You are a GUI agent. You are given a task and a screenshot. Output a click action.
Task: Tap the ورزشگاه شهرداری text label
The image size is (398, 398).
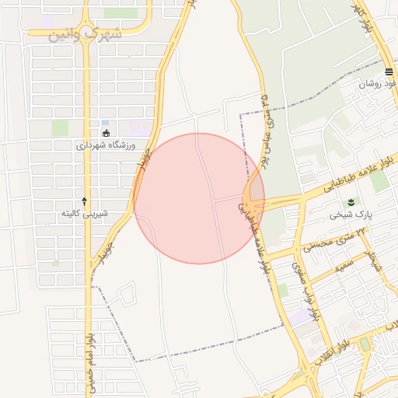[106, 145]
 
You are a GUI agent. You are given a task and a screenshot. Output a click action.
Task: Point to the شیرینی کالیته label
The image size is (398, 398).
[85, 213]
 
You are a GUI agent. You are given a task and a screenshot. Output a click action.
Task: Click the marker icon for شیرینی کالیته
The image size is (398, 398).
[85, 201]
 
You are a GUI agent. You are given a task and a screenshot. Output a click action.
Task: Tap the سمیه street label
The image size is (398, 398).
[347, 267]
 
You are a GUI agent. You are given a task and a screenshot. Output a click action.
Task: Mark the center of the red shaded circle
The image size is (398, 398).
[199, 198]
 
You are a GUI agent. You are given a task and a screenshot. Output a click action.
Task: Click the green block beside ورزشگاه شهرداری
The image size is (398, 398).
[60, 127]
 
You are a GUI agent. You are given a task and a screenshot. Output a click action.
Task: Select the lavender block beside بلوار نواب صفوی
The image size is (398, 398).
[299, 317]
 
